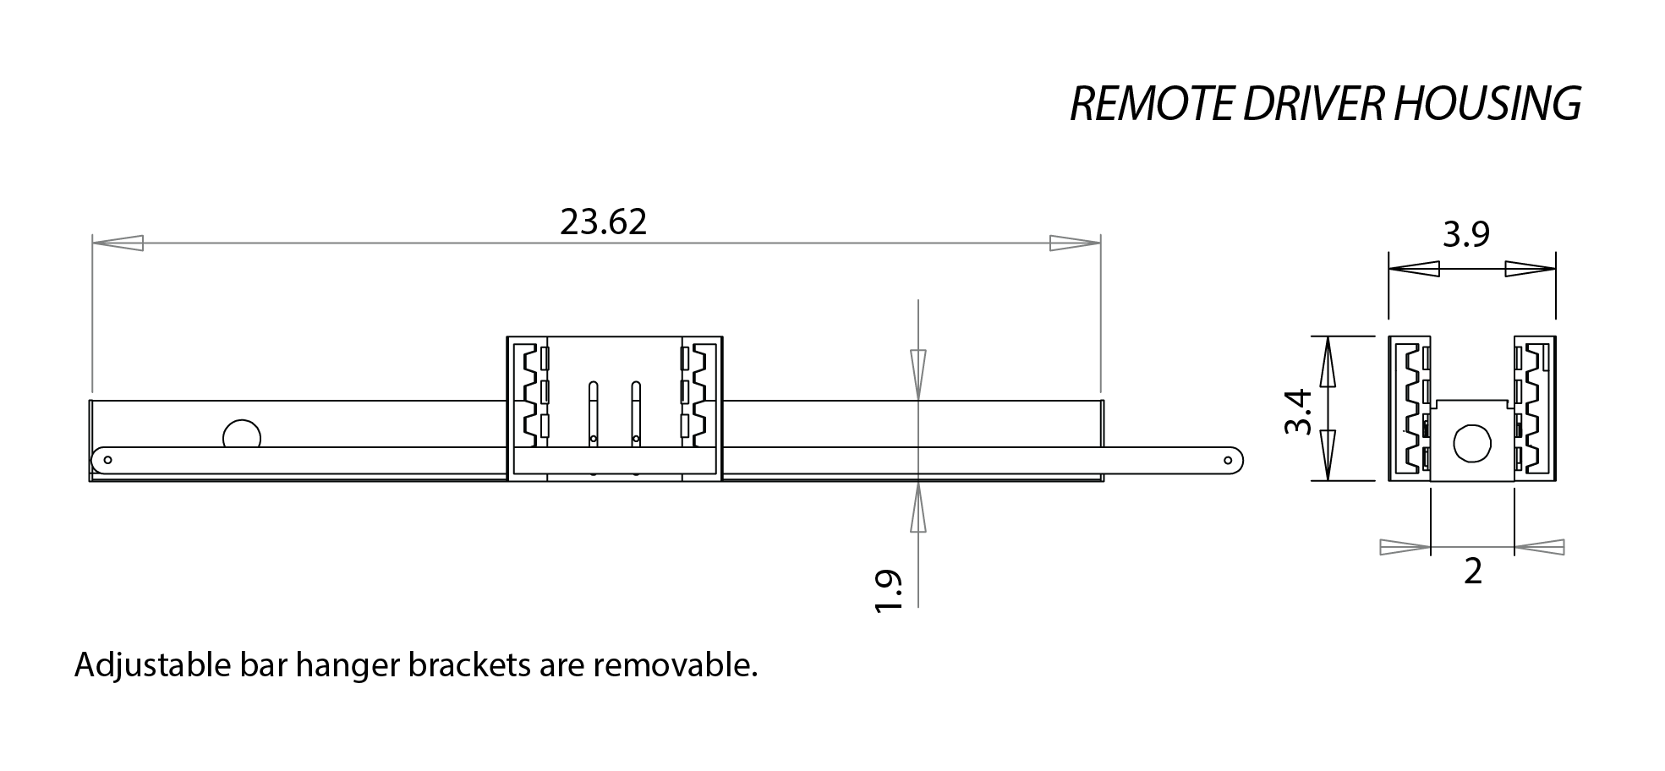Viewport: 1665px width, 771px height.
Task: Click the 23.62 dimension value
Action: [x=603, y=222]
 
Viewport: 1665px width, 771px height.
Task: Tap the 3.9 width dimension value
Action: [x=1465, y=234]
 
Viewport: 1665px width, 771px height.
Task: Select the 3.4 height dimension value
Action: [x=1298, y=411]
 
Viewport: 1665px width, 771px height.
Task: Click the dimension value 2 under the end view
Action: [x=1472, y=572]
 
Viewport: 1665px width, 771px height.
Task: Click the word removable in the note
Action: [x=674, y=666]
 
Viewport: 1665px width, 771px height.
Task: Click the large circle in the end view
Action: [x=1472, y=443]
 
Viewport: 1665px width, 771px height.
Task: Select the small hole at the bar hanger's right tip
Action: [x=1228, y=460]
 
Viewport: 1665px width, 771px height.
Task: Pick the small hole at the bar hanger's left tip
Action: [x=107, y=460]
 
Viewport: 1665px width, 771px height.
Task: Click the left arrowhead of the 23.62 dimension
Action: [x=118, y=243]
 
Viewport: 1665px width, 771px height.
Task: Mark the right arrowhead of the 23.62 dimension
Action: [x=1075, y=243]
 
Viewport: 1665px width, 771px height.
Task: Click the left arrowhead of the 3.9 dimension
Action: [x=1414, y=270]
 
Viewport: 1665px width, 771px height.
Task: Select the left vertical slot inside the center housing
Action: [x=593, y=413]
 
